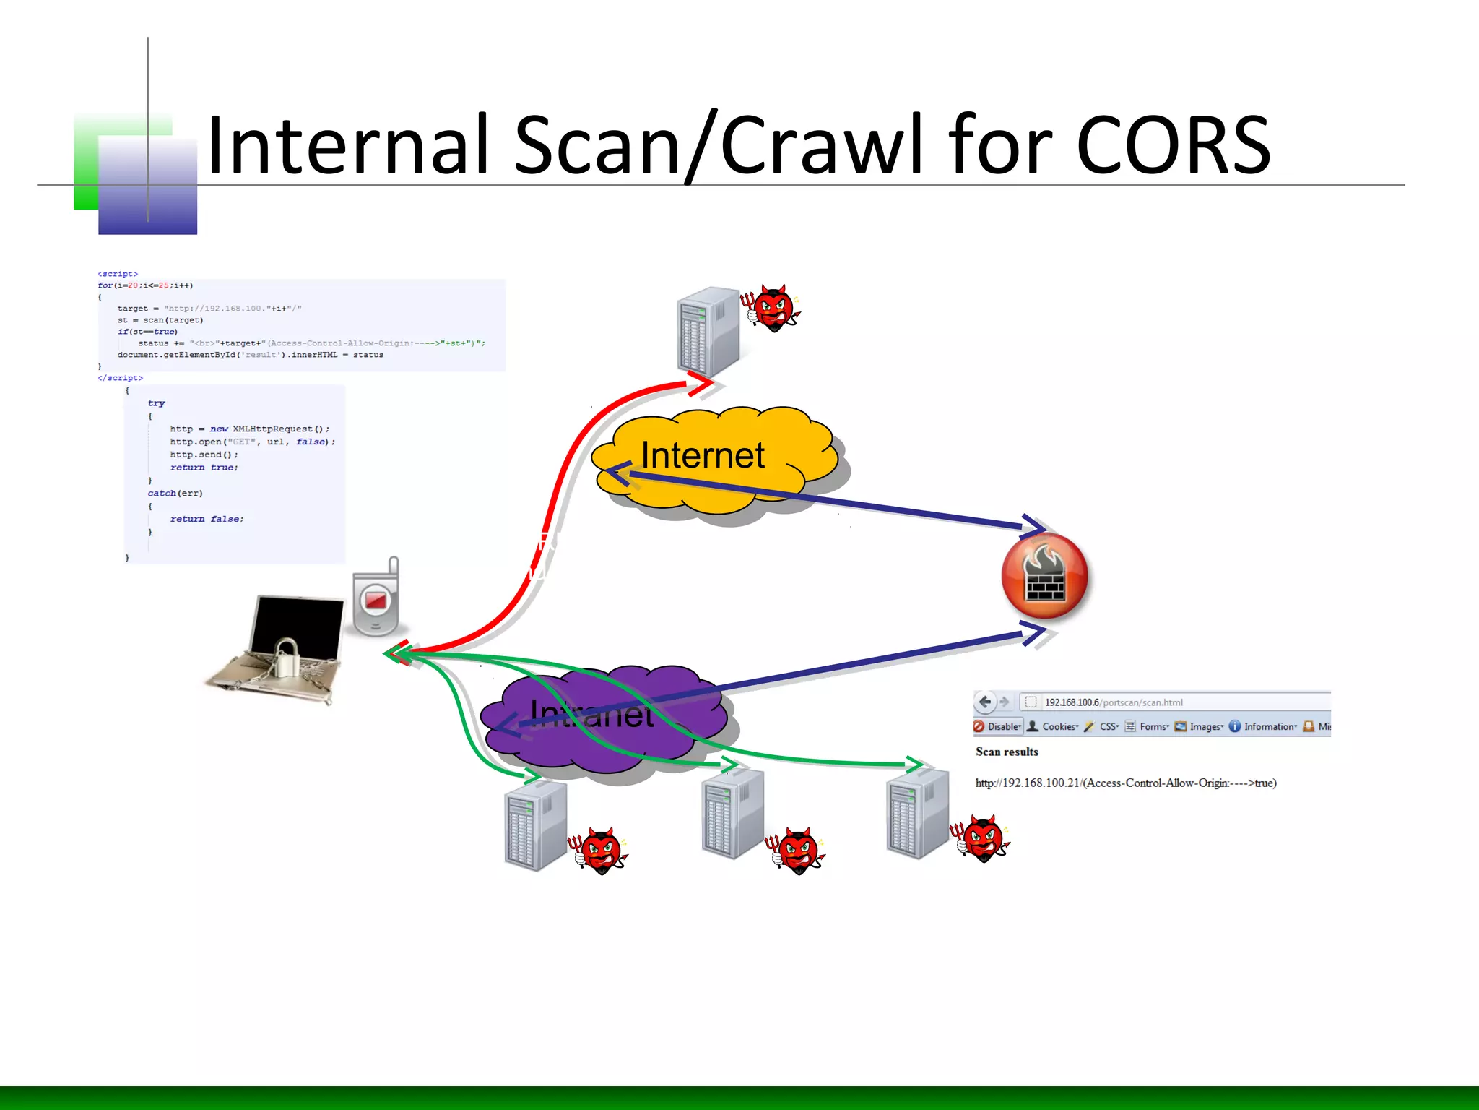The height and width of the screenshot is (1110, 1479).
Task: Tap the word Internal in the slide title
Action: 354,146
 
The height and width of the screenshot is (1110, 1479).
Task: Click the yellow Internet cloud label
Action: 702,455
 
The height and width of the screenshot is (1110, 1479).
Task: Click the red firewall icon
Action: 1044,576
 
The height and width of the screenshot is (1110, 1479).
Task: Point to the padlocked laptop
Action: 282,647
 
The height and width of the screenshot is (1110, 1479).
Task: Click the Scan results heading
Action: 1007,752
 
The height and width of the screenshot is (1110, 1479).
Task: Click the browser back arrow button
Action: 984,702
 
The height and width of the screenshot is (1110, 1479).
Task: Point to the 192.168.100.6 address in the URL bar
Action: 1072,702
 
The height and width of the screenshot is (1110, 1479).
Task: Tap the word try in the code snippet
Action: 156,403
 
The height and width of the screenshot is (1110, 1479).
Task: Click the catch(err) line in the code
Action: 175,494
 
